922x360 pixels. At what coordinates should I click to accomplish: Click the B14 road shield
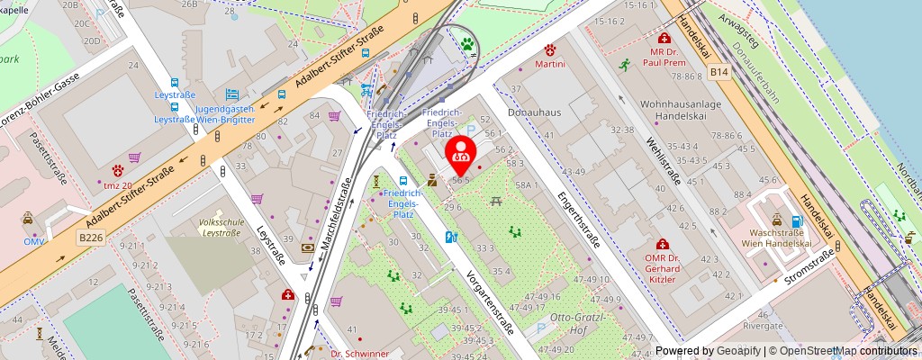pos(718,70)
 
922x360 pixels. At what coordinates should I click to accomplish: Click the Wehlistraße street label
pos(662,167)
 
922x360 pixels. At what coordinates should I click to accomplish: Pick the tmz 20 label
pos(119,185)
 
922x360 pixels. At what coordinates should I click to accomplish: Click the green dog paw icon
pos(467,42)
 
